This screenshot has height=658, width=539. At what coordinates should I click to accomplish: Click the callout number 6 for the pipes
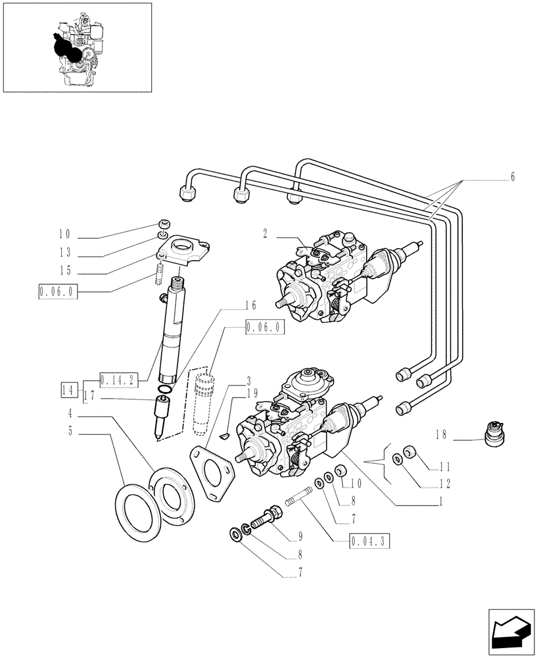512,177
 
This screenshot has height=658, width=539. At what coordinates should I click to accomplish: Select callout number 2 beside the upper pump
264,234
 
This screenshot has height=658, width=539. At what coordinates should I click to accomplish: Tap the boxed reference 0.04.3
371,542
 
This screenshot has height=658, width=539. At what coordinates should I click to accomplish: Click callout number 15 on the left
64,270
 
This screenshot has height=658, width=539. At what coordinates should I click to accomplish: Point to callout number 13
64,253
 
